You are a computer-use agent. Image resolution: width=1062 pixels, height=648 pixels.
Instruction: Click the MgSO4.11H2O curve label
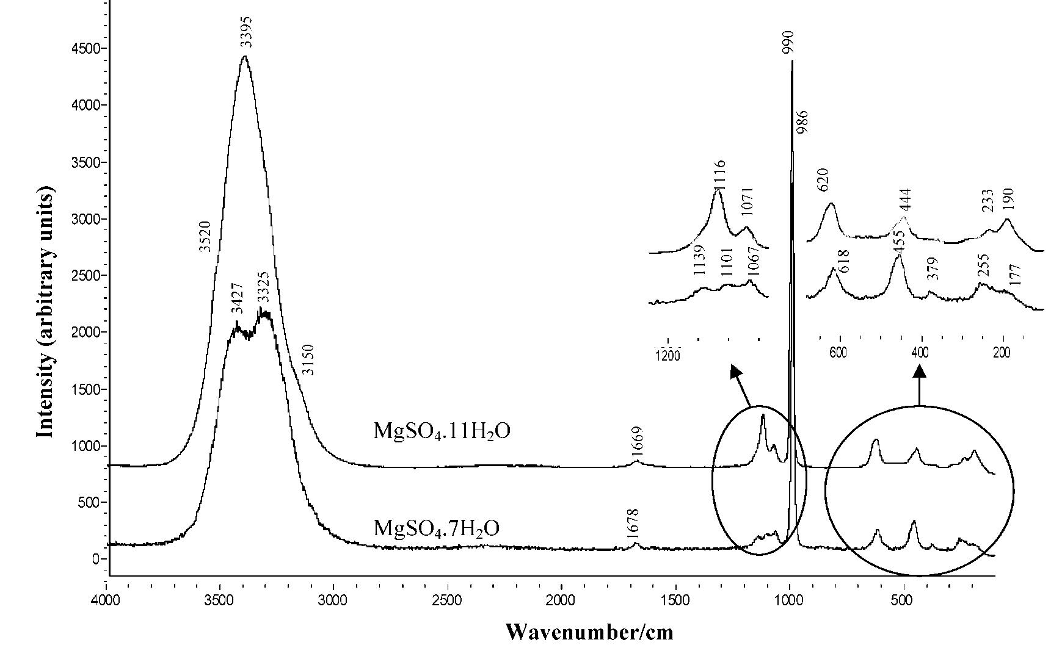442,431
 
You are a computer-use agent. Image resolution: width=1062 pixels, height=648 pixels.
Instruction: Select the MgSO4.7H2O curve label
436,527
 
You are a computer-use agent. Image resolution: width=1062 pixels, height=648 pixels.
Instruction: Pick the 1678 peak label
633,524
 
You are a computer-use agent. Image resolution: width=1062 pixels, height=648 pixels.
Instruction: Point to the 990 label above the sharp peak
788,43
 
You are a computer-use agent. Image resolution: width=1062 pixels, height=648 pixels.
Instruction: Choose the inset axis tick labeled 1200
667,355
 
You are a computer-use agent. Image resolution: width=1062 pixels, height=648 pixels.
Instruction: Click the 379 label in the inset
932,269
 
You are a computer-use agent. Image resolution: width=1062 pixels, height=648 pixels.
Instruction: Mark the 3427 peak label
238,298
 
